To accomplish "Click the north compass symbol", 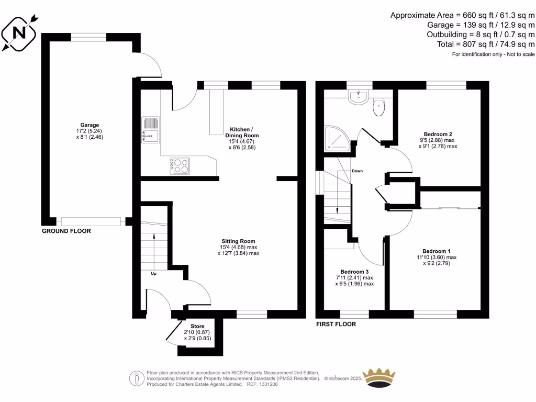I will pos(20,33).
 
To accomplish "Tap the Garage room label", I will pos(90,125).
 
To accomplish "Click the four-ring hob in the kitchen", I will pos(180,166).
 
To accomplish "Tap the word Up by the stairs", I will pos(153,273).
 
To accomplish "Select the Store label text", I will pos(197,326).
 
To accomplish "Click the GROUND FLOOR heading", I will pos(66,231).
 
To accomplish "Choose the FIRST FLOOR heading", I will pos(336,325).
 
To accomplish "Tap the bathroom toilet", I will pos(379,107).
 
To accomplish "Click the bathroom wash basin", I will pos(359,97).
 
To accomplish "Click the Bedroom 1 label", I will pos(437,251).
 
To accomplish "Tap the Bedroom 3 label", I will pos(354,271).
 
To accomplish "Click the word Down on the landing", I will pos(357,171).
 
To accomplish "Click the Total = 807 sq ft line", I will pos(486,44).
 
